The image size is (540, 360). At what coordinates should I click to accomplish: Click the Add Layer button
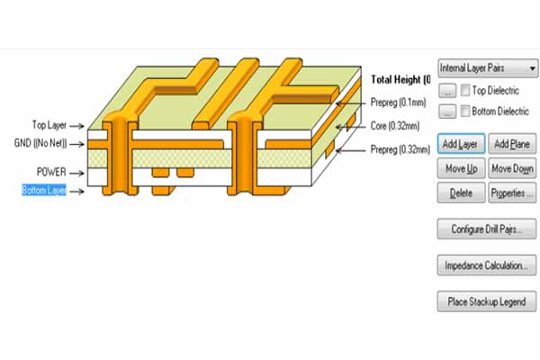(x=462, y=144)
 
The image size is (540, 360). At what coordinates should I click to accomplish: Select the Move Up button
(x=462, y=168)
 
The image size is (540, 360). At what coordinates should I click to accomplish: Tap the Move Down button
(x=513, y=168)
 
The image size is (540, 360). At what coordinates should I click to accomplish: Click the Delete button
(x=462, y=193)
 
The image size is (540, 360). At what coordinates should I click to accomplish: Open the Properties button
(x=513, y=193)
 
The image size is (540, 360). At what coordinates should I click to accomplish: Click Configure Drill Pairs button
(x=487, y=229)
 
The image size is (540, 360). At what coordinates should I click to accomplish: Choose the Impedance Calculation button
(x=487, y=265)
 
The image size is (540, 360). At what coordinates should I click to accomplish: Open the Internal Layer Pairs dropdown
(x=487, y=67)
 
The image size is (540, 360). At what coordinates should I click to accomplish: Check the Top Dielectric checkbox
(x=465, y=91)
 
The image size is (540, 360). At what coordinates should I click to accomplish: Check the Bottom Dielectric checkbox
(x=465, y=112)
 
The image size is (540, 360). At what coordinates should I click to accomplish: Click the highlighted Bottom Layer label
(x=44, y=190)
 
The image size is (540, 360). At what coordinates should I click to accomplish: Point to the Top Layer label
(x=50, y=126)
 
